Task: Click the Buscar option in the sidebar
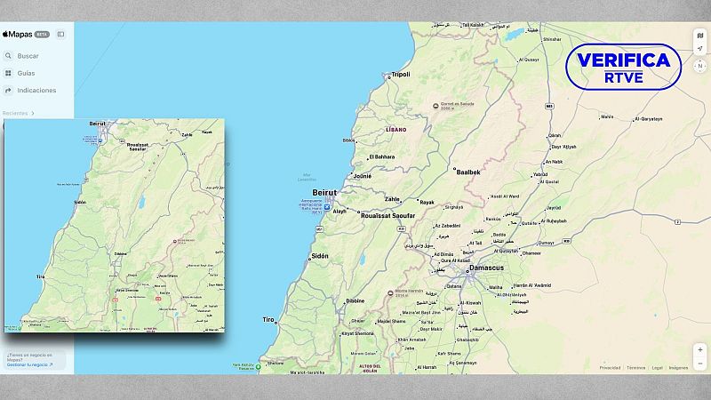[x=28, y=56]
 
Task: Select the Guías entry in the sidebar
[x=26, y=73]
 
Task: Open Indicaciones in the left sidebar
[x=36, y=90]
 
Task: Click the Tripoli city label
[x=400, y=75]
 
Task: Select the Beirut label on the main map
[x=325, y=192]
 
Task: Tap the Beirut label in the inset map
[x=97, y=124]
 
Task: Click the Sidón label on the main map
[x=319, y=256]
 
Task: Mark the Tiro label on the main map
[x=268, y=319]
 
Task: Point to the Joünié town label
[x=363, y=176]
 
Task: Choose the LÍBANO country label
[x=396, y=130]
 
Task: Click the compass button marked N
[x=699, y=66]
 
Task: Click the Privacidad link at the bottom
[x=610, y=367]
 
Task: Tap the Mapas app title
[x=18, y=34]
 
